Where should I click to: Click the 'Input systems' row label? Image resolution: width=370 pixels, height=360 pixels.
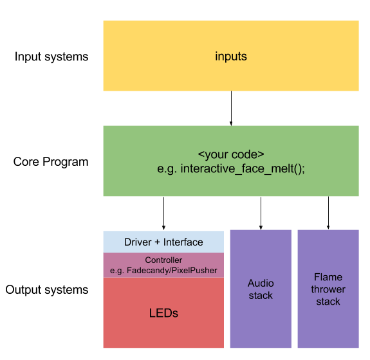[x=51, y=57]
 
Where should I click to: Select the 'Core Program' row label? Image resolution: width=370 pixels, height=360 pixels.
[x=51, y=162]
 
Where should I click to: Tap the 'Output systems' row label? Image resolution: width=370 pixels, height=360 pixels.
[x=47, y=290]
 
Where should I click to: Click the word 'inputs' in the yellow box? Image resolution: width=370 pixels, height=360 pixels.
[x=231, y=57]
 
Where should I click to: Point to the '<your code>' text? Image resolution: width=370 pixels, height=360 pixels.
[x=231, y=155]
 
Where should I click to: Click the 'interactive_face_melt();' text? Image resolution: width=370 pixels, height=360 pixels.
[x=243, y=169]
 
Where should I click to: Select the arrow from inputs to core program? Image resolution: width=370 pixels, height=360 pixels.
[x=231, y=109]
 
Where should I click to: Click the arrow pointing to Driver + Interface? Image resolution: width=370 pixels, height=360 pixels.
[x=163, y=213]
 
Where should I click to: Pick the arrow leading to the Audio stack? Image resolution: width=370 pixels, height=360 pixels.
[x=261, y=213]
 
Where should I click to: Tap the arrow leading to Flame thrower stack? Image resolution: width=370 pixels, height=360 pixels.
[x=328, y=213]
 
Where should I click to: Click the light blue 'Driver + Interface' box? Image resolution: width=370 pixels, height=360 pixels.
[x=163, y=242]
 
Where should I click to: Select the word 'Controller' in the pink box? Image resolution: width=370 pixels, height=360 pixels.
[x=163, y=260]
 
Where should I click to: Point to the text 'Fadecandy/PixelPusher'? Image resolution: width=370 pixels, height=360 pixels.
[x=172, y=271]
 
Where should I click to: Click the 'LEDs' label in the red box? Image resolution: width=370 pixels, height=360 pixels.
[x=163, y=313]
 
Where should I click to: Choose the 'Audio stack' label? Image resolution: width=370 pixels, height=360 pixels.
[x=261, y=289]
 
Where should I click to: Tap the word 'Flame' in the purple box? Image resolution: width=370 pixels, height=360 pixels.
[x=328, y=277]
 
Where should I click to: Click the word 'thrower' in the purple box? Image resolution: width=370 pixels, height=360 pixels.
[x=328, y=289]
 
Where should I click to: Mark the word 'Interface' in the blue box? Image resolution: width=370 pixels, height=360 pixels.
[x=183, y=242]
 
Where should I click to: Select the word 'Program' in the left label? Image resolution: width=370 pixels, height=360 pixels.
[x=66, y=162]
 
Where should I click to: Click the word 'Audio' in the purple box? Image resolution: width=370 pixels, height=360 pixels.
[x=261, y=283]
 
